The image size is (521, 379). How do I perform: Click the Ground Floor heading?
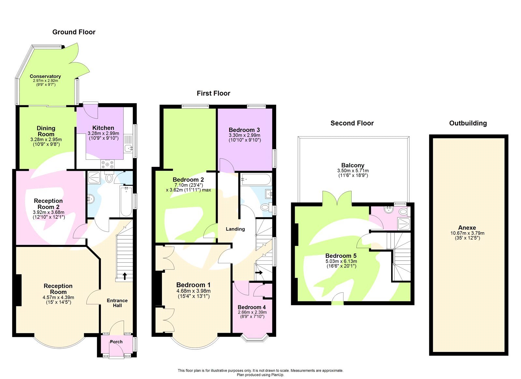74,32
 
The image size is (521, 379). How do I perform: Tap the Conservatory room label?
45,76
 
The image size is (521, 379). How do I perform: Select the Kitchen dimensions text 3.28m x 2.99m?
103,133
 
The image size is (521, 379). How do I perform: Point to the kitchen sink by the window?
129,148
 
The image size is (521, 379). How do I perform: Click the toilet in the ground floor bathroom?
109,178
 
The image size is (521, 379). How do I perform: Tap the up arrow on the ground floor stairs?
125,276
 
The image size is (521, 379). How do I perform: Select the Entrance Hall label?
117,303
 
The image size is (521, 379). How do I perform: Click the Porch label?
116,342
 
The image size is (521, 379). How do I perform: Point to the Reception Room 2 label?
48,204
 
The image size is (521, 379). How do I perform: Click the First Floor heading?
213,93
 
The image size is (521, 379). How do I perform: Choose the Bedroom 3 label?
244,130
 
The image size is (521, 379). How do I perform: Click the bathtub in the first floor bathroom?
256,179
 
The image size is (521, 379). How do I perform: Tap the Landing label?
235,229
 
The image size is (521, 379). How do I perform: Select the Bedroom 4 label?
252,307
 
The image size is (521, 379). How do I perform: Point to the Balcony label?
353,165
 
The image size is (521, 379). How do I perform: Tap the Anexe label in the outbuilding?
467,227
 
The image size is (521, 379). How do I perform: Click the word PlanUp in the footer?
277,375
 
